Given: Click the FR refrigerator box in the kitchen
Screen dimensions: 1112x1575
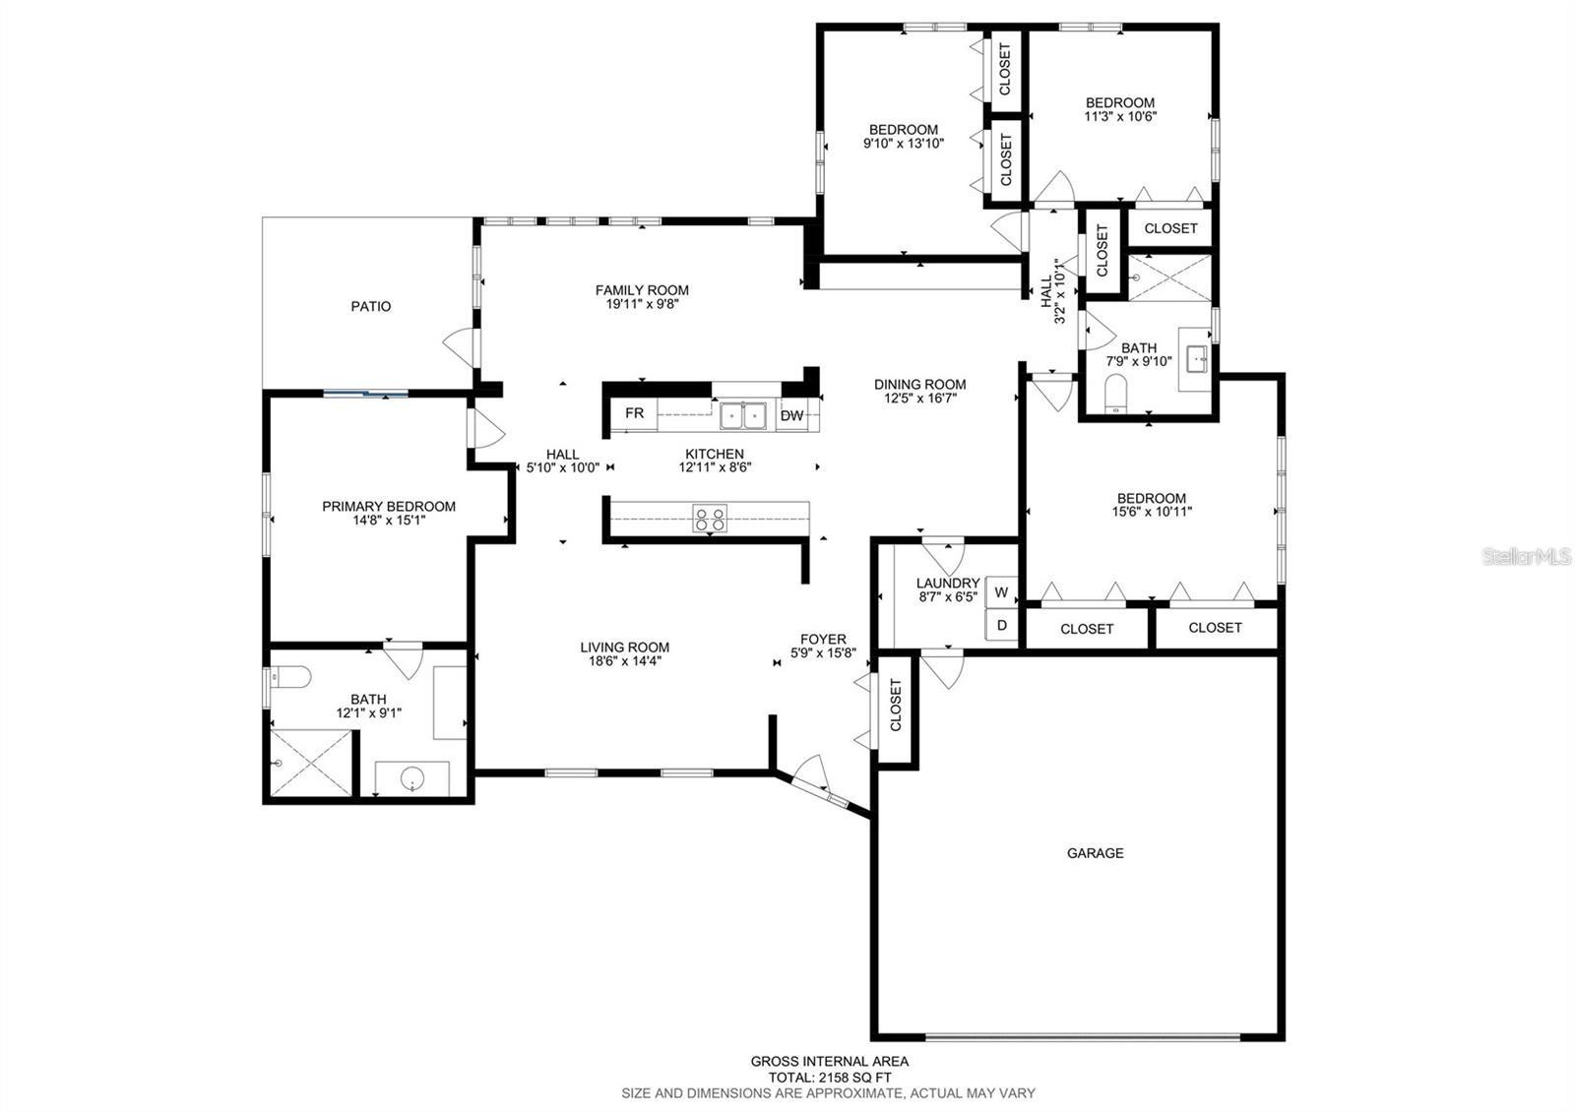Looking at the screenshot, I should [634, 413].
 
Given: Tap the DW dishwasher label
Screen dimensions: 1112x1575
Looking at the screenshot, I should [791, 415].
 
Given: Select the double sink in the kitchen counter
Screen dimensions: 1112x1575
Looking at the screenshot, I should [744, 416].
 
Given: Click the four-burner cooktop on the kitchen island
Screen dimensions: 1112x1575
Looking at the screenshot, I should [710, 518].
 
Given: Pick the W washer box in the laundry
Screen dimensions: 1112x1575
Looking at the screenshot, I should [1001, 592].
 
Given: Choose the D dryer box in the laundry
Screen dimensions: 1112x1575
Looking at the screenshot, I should [1001, 625].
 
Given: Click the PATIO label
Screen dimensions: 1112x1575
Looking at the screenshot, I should [371, 306].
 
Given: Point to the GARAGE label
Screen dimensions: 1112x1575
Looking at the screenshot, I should [1095, 853].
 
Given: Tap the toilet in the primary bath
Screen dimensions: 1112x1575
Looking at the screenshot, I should [291, 676].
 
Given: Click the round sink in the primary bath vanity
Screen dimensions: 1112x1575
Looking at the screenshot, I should [411, 780].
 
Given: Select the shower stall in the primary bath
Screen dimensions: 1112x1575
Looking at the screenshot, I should [309, 763].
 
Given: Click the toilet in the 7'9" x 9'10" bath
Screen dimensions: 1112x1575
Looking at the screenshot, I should [1115, 393].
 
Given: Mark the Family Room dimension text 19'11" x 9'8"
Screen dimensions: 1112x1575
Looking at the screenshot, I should [642, 304].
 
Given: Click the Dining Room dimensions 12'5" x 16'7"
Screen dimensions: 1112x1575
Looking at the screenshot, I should [919, 399].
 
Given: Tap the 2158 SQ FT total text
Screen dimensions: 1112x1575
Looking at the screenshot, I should [830, 1078].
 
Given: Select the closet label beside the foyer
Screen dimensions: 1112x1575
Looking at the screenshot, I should [896, 707].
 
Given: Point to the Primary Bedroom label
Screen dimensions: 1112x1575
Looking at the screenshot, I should [389, 506].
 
